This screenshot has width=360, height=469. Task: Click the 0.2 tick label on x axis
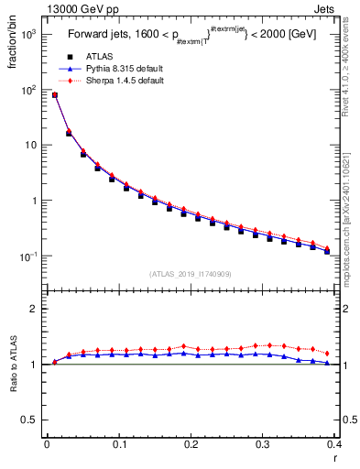coord(191,444)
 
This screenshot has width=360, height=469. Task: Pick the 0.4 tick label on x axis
coord(334,444)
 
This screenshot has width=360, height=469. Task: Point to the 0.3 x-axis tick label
coord(263,444)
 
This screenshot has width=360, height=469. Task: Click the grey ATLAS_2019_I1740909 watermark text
coord(190,274)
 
